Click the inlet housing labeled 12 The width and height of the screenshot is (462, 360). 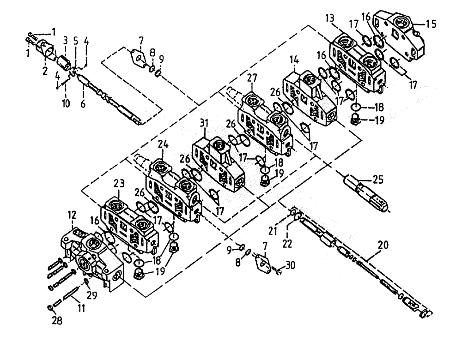click(x=90, y=249)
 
